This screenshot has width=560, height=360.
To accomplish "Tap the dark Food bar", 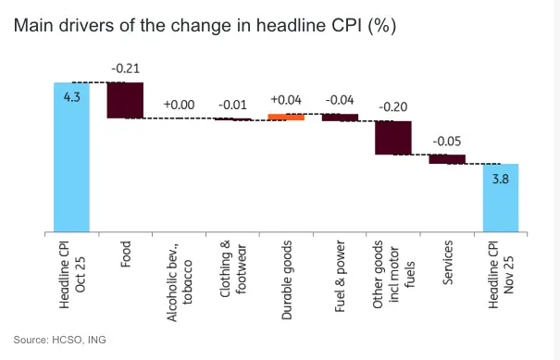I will (x=125, y=100).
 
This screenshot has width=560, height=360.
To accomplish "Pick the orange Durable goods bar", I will (x=286, y=117).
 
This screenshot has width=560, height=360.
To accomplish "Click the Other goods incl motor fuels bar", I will (x=393, y=137).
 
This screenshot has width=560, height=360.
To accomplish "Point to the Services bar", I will (x=447, y=158).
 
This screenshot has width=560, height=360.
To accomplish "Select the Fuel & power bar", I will (x=340, y=118).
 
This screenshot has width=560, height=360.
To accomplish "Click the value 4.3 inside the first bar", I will (x=71, y=95).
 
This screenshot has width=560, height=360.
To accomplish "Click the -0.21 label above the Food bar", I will (x=125, y=68).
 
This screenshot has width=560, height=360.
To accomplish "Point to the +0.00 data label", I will (x=179, y=105).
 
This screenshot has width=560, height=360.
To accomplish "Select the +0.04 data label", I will (x=286, y=100).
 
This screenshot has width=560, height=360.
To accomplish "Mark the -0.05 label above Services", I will (x=447, y=141).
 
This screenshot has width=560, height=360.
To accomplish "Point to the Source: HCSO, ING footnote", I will (x=60, y=340).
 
